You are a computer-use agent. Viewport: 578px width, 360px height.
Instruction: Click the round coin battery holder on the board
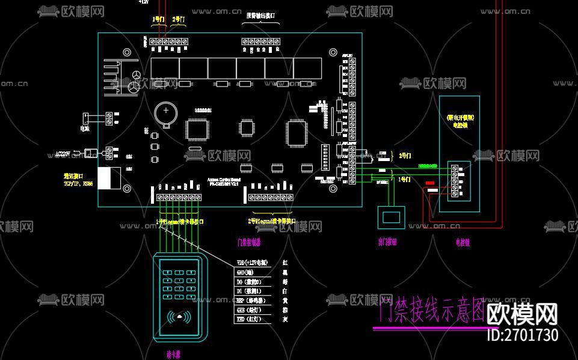click(164, 112)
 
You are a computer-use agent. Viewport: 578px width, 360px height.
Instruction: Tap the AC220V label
click(63, 154)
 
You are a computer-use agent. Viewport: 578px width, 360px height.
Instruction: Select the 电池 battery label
click(85, 128)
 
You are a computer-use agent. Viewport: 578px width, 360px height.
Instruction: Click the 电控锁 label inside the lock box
click(460, 125)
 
